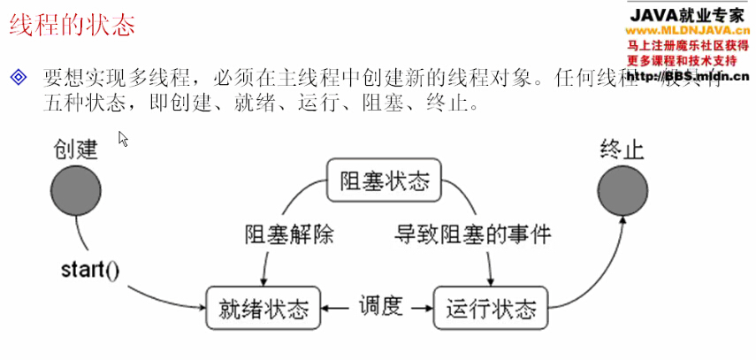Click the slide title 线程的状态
click(73, 26)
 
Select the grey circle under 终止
click(622, 190)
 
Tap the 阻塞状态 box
click(384, 180)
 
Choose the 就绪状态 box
click(263, 310)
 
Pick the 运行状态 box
click(491, 310)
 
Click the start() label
click(90, 266)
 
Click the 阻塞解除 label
click(289, 234)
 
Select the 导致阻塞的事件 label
click(472, 234)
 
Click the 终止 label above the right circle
click(622, 148)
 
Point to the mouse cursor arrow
click(123, 139)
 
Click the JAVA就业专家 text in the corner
click(686, 15)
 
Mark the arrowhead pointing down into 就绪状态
click(263, 280)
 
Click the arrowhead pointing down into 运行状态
click(490, 280)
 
